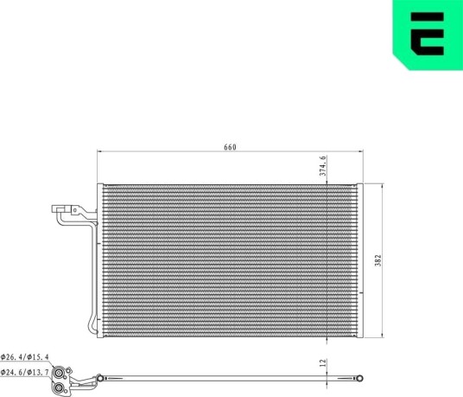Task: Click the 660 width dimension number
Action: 230,147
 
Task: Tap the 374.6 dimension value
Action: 323,166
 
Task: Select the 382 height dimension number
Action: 378,260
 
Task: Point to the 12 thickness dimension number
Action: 323,362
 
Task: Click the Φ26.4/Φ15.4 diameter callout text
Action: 25,357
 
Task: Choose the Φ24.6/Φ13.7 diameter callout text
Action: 25,373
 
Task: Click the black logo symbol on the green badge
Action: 427,34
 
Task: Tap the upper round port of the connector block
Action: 58,373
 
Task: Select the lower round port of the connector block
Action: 59,388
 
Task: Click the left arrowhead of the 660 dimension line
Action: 99,151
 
